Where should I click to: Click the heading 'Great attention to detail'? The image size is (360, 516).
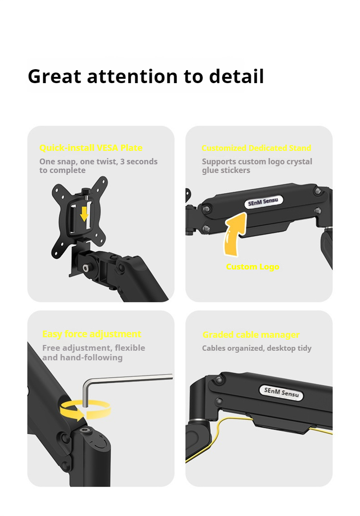(x=145, y=76)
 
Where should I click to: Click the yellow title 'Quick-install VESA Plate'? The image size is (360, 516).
(x=91, y=148)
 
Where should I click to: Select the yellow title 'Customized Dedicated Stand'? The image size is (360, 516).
(x=256, y=148)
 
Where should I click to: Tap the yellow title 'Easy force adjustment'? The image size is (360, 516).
(x=92, y=334)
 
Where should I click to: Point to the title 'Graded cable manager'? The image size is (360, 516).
(x=251, y=335)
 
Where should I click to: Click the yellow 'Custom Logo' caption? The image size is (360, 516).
(x=252, y=267)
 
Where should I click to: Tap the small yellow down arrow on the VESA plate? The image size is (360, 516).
(x=84, y=214)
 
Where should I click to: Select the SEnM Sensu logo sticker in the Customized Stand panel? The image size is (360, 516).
(x=264, y=202)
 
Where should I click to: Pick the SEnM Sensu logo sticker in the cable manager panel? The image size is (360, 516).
(x=281, y=392)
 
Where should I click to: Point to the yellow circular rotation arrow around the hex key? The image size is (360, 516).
(x=85, y=411)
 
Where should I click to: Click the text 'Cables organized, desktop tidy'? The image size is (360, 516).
(x=256, y=348)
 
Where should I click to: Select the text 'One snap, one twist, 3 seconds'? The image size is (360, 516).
(x=98, y=161)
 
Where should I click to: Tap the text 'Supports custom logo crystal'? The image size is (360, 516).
(x=257, y=161)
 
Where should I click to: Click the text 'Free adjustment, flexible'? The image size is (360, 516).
(x=94, y=348)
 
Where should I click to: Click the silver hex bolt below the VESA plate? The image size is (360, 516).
(x=86, y=268)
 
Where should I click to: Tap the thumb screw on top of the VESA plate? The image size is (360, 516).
(x=86, y=192)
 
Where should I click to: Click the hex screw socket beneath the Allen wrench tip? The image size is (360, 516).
(x=86, y=431)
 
